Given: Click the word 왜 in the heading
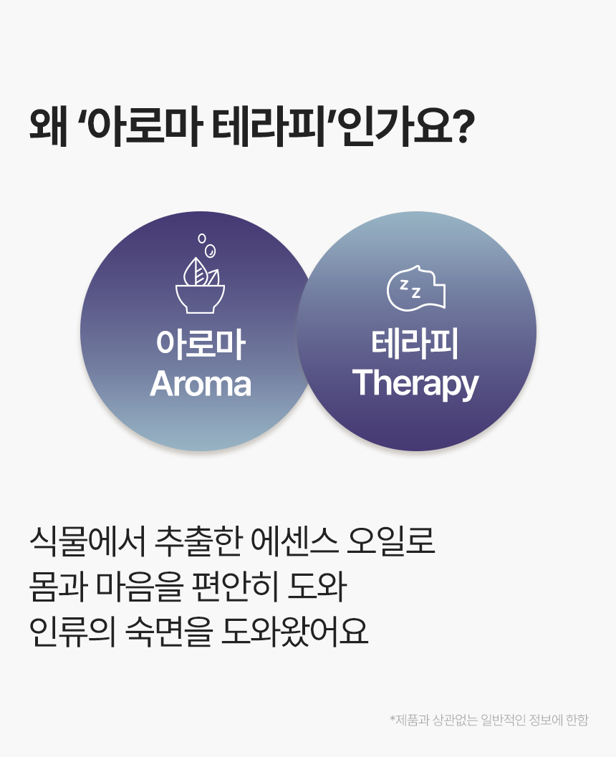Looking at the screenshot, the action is [48, 127].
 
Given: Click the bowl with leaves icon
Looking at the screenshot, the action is [200, 285].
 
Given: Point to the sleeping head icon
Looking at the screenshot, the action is [416, 288].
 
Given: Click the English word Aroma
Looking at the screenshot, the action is [201, 385].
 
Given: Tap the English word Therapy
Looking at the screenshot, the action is [415, 385].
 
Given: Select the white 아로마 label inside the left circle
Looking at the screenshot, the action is [201, 344].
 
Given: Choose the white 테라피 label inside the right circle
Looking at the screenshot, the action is [415, 344].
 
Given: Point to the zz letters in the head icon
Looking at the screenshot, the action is [410, 288].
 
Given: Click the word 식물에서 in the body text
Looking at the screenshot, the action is [87, 541].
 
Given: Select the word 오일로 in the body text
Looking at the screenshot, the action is [391, 541].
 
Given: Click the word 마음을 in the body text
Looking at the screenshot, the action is [140, 587].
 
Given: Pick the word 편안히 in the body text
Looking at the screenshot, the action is [236, 587].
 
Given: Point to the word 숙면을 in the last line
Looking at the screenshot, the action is [169, 632].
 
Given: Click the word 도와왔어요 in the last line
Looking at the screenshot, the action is [295, 632].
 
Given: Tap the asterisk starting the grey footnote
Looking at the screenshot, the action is [393, 718].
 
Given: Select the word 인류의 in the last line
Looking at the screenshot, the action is [72, 632].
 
